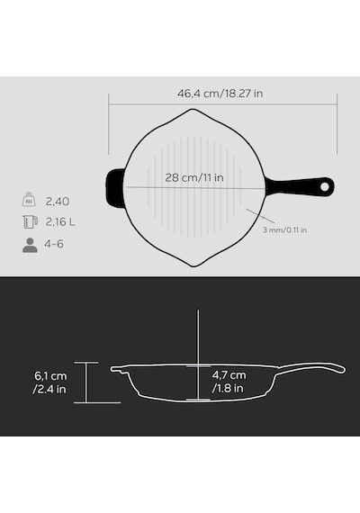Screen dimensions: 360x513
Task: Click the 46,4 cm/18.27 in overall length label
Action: [x=220, y=94]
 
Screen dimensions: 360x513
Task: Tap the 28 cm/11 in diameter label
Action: [x=194, y=177]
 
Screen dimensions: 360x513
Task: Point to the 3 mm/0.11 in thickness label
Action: [x=284, y=230]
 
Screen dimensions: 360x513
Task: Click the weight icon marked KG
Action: [x=29, y=199]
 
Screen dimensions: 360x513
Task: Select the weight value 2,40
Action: [x=58, y=202]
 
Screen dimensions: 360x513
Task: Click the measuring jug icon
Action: [x=30, y=221]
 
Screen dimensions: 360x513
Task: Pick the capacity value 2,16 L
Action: [x=60, y=222]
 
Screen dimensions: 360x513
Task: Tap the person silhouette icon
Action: [x=30, y=245]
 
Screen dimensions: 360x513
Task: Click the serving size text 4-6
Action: [x=54, y=244]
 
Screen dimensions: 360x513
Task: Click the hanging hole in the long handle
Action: [x=324, y=186]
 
